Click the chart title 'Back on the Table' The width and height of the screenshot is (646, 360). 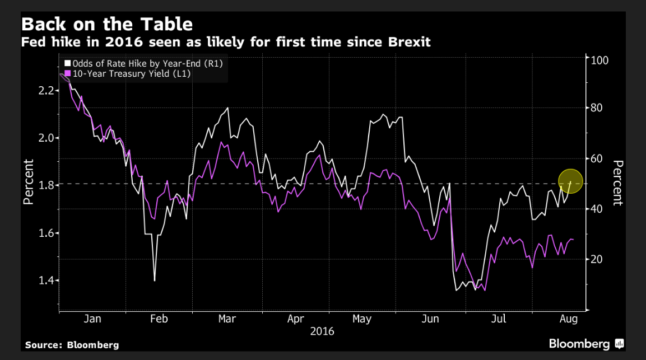coord(106,25)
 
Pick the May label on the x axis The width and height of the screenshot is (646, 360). coord(362,319)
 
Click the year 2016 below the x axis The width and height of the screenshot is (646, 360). coord(322,331)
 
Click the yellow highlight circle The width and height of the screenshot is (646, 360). coord(571,181)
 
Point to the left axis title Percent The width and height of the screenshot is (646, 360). coord(29,181)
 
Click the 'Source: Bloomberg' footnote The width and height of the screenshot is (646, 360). coord(72,345)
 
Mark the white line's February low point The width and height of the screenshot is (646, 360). coord(154,280)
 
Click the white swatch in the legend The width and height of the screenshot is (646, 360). coord(68,63)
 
